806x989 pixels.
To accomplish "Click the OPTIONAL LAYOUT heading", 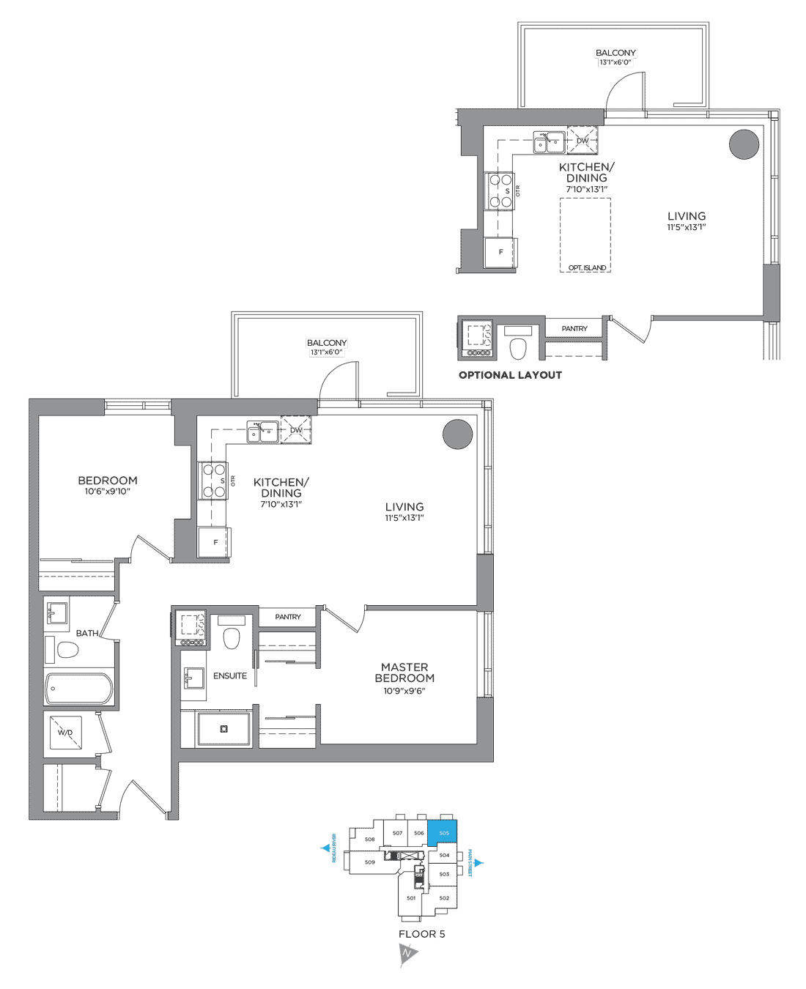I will click(510, 375).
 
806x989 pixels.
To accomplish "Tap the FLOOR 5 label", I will click(421, 934).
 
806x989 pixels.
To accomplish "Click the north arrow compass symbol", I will click(407, 954).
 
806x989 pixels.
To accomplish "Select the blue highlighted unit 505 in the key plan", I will click(445, 833).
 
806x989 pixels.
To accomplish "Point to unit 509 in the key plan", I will click(370, 862).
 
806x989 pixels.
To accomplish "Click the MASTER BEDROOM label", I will click(404, 673).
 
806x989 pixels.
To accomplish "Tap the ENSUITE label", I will click(230, 676).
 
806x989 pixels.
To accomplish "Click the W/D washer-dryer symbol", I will click(65, 733).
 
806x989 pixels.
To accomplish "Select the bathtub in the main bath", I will click(79, 689).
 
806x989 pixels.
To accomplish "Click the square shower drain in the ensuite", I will click(224, 729).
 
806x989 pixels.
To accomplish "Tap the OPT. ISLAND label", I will click(587, 268).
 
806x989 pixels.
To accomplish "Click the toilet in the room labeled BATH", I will click(67, 650).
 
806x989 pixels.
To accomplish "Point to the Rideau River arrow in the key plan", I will click(326, 848).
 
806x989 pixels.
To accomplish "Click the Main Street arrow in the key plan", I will click(479, 863).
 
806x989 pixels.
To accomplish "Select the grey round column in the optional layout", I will click(744, 144).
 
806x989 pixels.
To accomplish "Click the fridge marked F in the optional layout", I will click(501, 252).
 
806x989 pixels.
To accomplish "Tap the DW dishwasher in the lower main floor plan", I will click(296, 430).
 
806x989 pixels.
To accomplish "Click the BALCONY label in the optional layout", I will click(615, 53).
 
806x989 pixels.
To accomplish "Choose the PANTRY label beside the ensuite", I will click(288, 617).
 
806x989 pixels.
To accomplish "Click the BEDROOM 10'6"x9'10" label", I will click(108, 485).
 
